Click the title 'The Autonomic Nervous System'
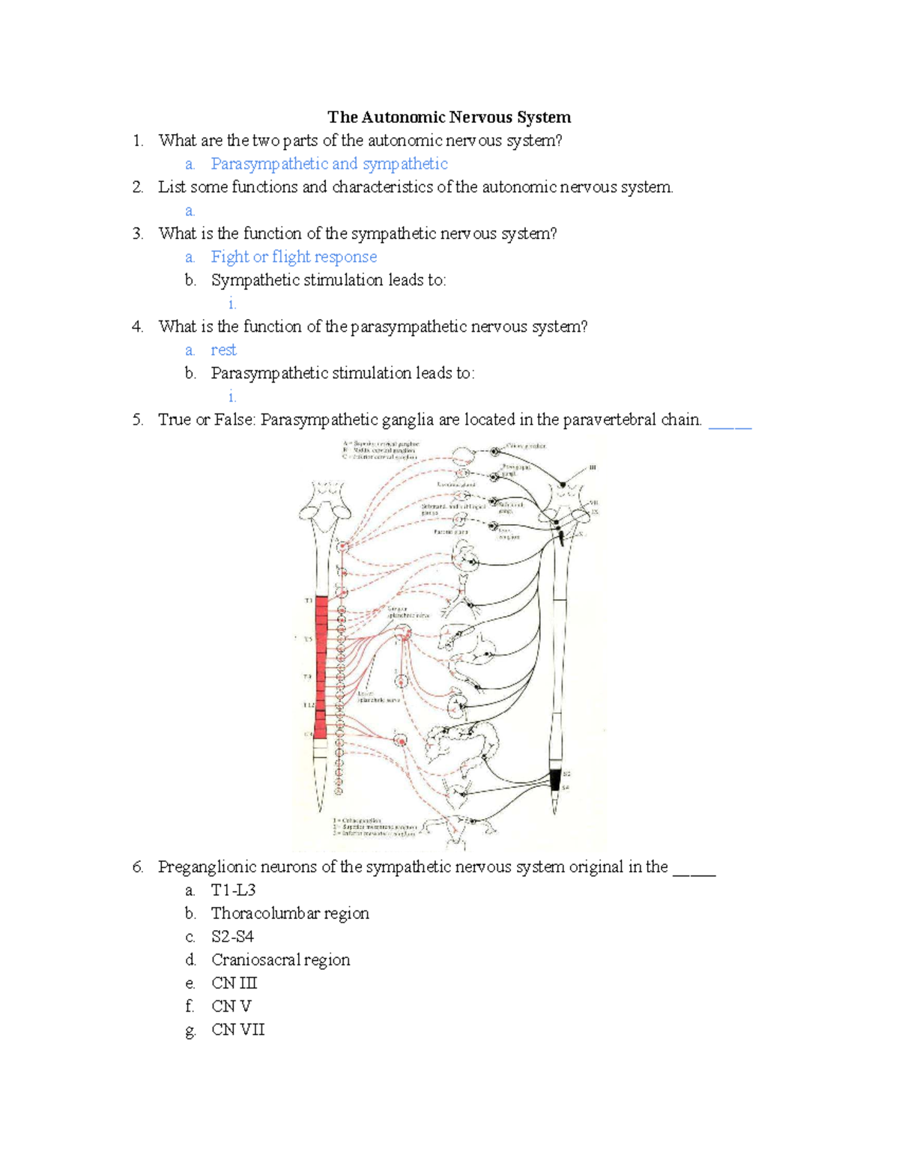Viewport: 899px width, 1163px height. pyautogui.click(x=449, y=118)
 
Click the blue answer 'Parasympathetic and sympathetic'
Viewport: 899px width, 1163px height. pyautogui.click(x=329, y=164)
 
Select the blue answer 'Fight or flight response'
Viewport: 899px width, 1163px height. pyautogui.click(x=294, y=257)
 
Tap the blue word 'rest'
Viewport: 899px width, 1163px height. pyautogui.click(x=223, y=350)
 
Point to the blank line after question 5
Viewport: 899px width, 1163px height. pyautogui.click(x=730, y=424)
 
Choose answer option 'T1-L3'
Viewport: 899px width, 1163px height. pyautogui.click(x=233, y=890)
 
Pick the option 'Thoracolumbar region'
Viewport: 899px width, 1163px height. pyautogui.click(x=290, y=914)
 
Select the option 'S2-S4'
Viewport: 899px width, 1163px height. pyautogui.click(x=232, y=937)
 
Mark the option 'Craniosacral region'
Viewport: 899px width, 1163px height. pyautogui.click(x=280, y=960)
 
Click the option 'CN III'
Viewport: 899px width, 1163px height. pyautogui.click(x=234, y=983)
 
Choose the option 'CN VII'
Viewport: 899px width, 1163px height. pyautogui.click(x=237, y=1030)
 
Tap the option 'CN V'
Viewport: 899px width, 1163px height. pyautogui.click(x=231, y=1006)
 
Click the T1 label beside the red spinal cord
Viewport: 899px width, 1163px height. pyautogui.click(x=308, y=601)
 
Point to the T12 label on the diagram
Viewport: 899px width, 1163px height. pyautogui.click(x=309, y=705)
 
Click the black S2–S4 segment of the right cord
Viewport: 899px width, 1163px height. pyautogui.click(x=555, y=780)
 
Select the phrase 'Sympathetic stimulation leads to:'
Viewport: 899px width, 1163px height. pyautogui.click(x=328, y=280)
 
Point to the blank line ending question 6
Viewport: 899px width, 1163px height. pyautogui.click(x=694, y=872)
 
